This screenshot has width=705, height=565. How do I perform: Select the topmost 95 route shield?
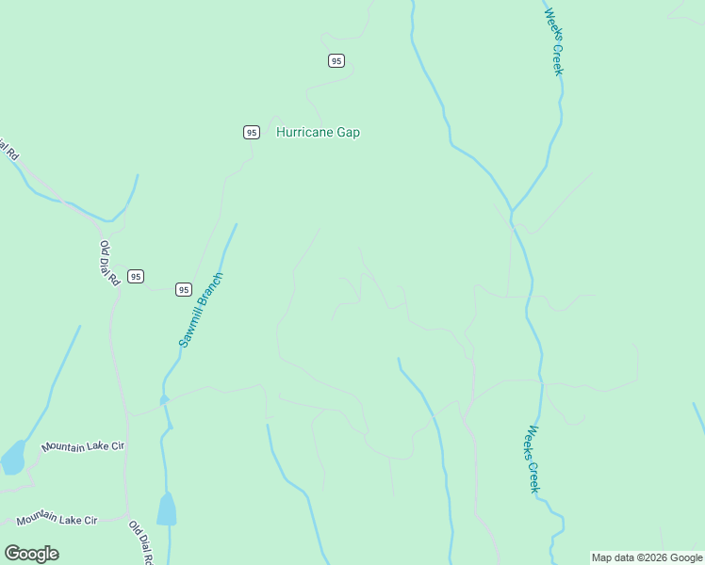336,60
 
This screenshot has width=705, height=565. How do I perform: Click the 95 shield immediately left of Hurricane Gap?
251,133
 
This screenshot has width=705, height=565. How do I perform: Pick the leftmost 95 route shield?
137,276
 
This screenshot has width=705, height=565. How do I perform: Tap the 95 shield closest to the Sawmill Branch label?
184,289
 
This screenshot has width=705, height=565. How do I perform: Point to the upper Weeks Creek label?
554,41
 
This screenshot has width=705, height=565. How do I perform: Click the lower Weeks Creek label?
533,459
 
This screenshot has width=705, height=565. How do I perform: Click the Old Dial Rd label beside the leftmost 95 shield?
109,264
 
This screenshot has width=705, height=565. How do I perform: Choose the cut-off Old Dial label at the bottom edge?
140,543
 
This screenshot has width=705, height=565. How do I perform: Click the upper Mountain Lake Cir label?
83,445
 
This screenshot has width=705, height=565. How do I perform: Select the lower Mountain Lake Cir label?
57,519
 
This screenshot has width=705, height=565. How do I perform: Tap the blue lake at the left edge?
12,458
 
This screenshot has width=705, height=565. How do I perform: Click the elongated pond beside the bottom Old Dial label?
166,509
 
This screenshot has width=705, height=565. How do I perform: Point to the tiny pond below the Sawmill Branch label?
164,400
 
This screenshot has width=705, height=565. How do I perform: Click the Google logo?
32,554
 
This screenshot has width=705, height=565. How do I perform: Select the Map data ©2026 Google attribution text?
647,557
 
